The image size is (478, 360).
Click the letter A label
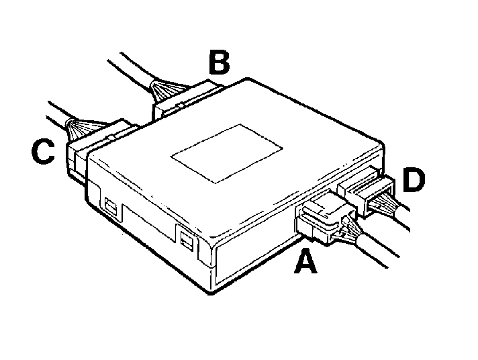pos(305,261)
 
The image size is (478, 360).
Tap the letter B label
pos(219,63)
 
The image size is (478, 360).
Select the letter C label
pos(43,152)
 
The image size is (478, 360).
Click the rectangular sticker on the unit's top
pos(226,154)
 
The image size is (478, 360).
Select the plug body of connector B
pos(186,101)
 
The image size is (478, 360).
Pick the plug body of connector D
pos(366,191)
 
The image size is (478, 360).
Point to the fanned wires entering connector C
pos(78,128)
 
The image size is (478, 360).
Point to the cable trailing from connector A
pos(378,250)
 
